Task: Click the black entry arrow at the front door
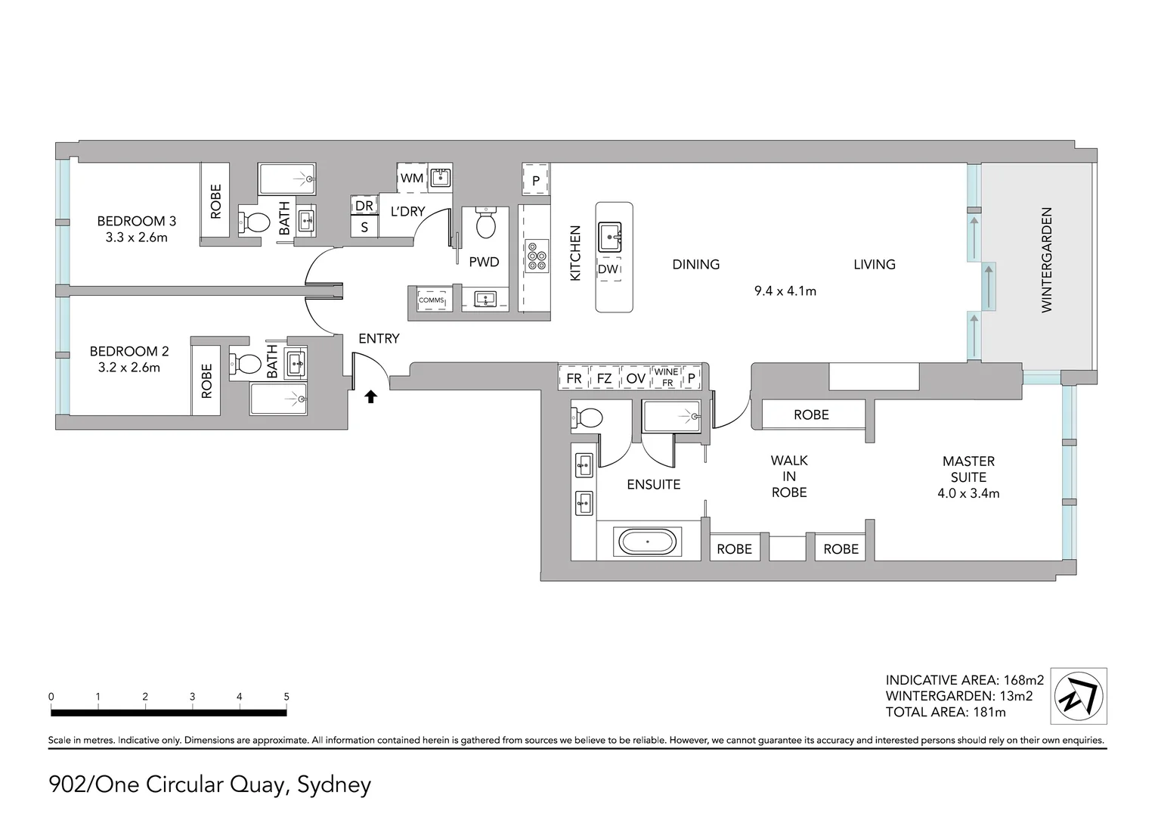tap(370, 396)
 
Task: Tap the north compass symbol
tap(1078, 696)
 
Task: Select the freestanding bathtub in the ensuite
tap(648, 542)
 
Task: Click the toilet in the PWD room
tap(485, 222)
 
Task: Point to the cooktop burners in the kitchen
tap(536, 256)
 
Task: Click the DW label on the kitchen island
tap(608, 269)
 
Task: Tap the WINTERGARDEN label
tap(1046, 260)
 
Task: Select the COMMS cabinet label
tap(431, 300)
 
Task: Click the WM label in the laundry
tap(411, 178)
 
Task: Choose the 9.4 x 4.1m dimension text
tap(785, 291)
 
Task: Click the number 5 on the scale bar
tap(286, 696)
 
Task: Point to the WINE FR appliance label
tap(667, 377)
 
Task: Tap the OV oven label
tap(635, 379)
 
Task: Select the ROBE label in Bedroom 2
tap(206, 381)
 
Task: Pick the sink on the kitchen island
tap(609, 237)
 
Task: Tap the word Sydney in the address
tap(334, 785)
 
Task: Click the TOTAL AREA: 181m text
tap(946, 713)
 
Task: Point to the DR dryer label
tap(364, 206)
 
